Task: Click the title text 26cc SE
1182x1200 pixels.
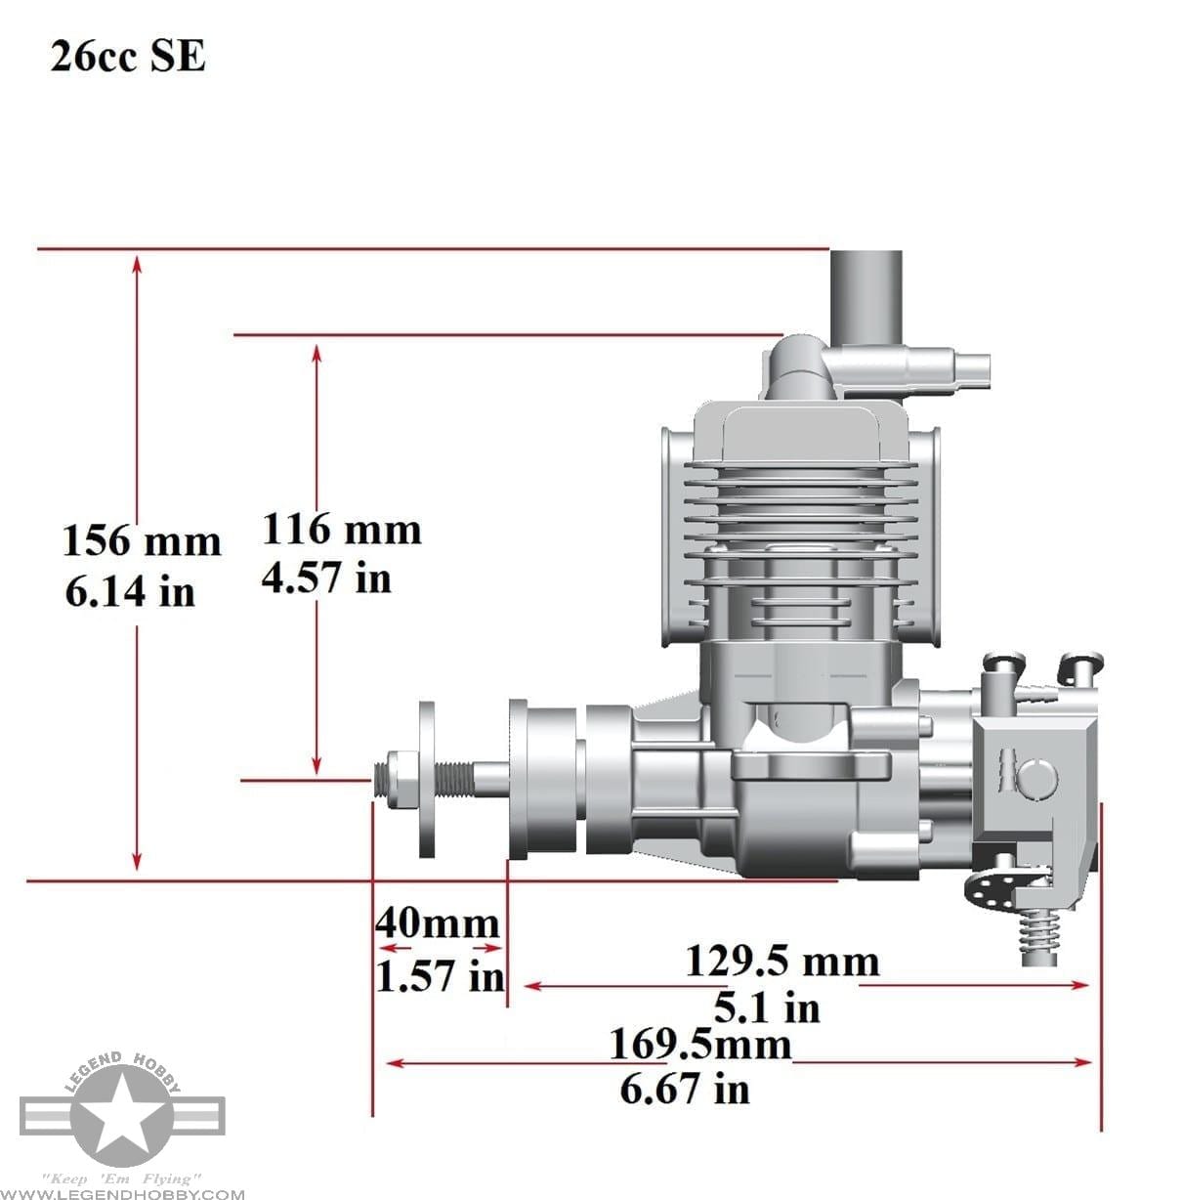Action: pyautogui.click(x=128, y=58)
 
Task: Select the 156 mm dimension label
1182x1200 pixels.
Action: pyautogui.click(x=143, y=540)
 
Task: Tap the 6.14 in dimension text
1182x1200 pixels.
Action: pyautogui.click(x=130, y=591)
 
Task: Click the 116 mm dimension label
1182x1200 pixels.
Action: pyautogui.click(x=342, y=529)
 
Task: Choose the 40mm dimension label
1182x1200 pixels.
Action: pyautogui.click(x=438, y=922)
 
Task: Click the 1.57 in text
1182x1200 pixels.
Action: pyautogui.click(x=440, y=975)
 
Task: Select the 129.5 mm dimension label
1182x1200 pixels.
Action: pyautogui.click(x=781, y=961)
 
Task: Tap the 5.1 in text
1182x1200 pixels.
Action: pyautogui.click(x=768, y=1007)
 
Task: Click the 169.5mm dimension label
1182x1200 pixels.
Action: pyautogui.click(x=700, y=1044)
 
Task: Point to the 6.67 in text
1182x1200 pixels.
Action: pyautogui.click(x=685, y=1088)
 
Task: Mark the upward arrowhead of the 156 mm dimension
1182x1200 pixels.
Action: pyautogui.click(x=138, y=263)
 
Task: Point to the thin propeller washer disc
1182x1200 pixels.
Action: pyautogui.click(x=427, y=779)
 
